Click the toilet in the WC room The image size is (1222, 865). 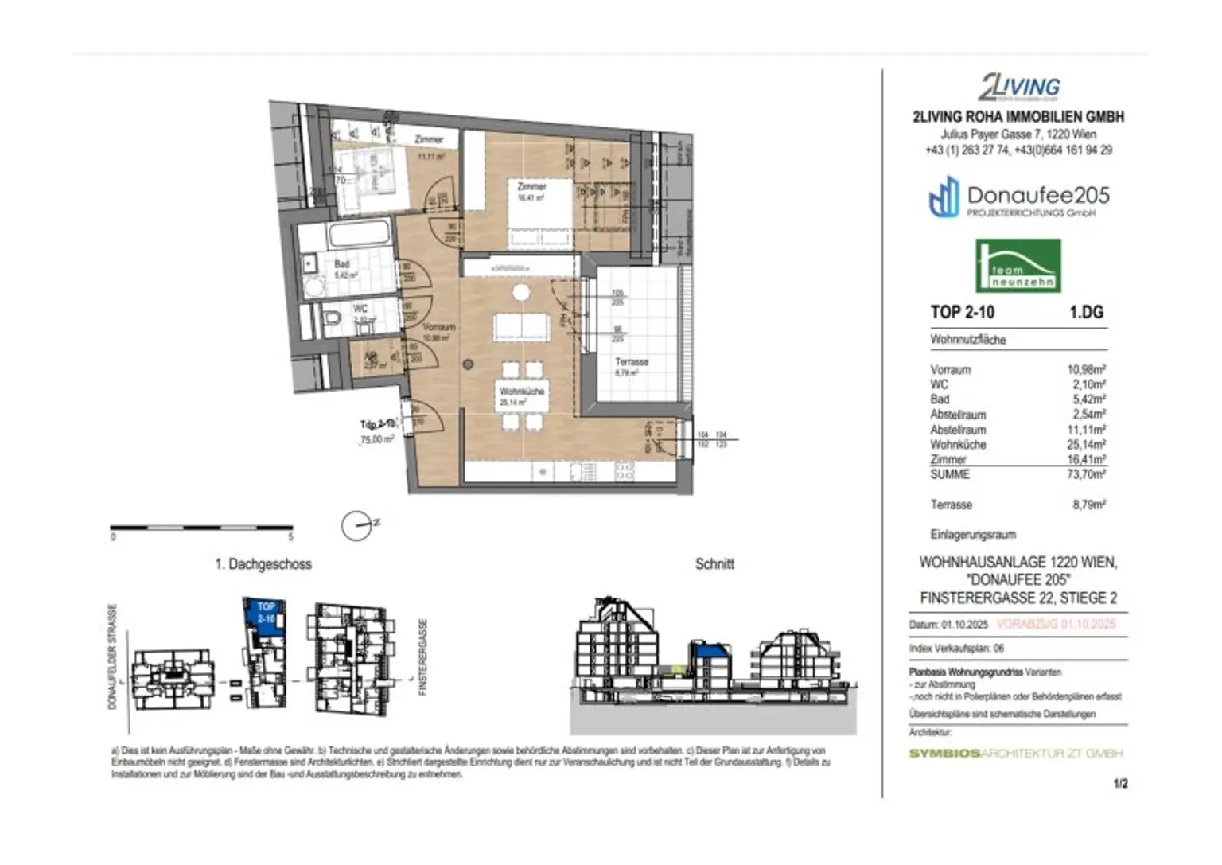(x=333, y=320)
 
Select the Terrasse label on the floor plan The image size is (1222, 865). (x=632, y=361)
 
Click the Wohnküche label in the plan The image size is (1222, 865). (x=522, y=392)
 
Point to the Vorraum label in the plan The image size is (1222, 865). (x=439, y=327)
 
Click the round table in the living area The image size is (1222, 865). (x=521, y=293)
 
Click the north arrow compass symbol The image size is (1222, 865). (x=356, y=525)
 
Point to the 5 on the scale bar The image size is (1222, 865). (x=290, y=537)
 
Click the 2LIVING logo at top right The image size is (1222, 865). (x=1019, y=87)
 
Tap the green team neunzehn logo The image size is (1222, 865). (x=1018, y=267)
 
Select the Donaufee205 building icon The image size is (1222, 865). (x=944, y=198)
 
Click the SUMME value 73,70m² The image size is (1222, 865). (x=1086, y=474)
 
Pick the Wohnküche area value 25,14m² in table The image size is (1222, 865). (x=1086, y=445)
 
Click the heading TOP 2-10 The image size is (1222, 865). (x=963, y=313)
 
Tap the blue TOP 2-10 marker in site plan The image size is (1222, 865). (x=266, y=614)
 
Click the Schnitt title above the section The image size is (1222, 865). (x=714, y=563)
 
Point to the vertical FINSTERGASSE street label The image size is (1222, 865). (x=423, y=657)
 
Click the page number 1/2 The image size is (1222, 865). (x=1121, y=784)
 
